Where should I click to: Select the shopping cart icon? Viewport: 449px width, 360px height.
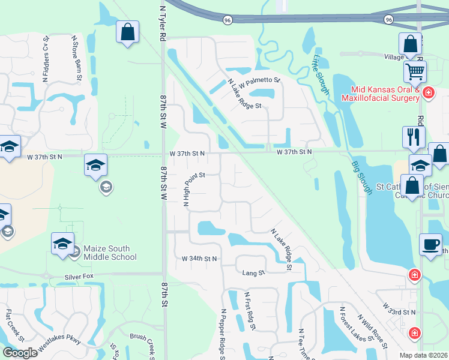tap(414, 71)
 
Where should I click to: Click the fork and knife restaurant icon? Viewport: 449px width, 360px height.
tap(414, 137)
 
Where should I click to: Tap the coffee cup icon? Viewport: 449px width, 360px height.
tap(430, 244)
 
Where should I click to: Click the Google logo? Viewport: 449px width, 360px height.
tap(20, 353)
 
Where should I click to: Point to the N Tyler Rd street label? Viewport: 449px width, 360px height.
tap(162, 24)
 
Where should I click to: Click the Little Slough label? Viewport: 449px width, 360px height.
tap(320, 75)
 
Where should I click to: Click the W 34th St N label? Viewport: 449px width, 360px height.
tap(199, 259)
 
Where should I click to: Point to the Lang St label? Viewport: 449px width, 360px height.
tap(253, 273)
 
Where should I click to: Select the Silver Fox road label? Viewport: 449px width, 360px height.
tap(80, 278)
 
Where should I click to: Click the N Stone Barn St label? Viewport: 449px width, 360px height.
tap(77, 58)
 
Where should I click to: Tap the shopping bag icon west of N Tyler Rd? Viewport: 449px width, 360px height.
tap(127, 33)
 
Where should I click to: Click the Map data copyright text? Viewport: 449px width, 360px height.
tap(424, 355)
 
